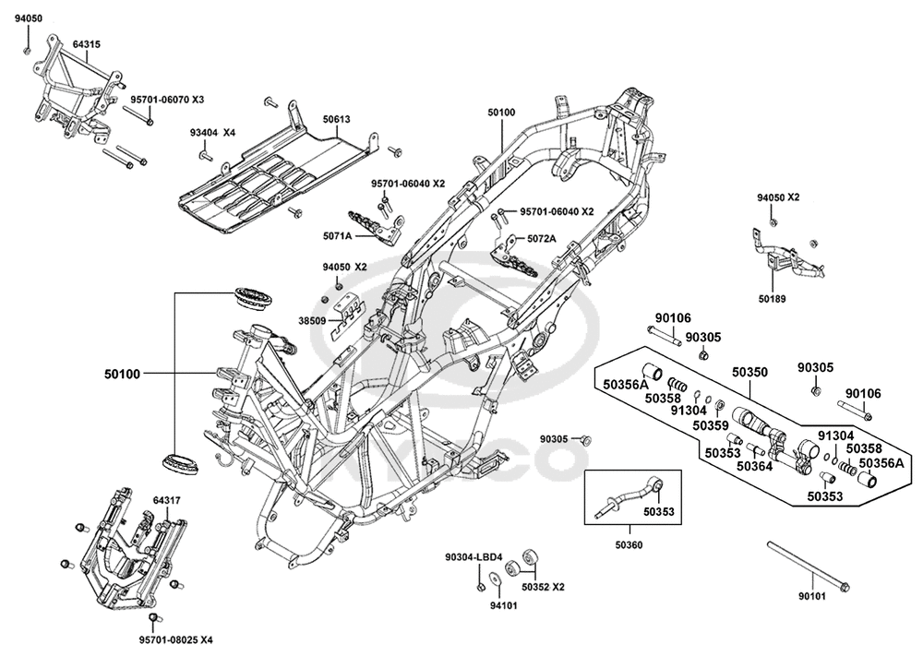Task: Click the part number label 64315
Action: [x=87, y=44]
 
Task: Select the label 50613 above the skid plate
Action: [x=336, y=119]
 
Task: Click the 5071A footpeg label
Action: [x=337, y=236]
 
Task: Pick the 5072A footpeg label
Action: [x=541, y=239]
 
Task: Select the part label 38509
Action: [x=312, y=322]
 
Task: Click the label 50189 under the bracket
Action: [x=772, y=299]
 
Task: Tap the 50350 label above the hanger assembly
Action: [x=749, y=373]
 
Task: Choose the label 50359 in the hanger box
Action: [x=711, y=424]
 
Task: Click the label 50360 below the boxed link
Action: [x=629, y=545]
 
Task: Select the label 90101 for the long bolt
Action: [x=812, y=597]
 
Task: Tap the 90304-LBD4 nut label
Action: [x=473, y=557]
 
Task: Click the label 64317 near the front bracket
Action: [x=166, y=501]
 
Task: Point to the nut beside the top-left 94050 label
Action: [x=27, y=51]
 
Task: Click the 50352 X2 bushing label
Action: [x=543, y=587]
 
